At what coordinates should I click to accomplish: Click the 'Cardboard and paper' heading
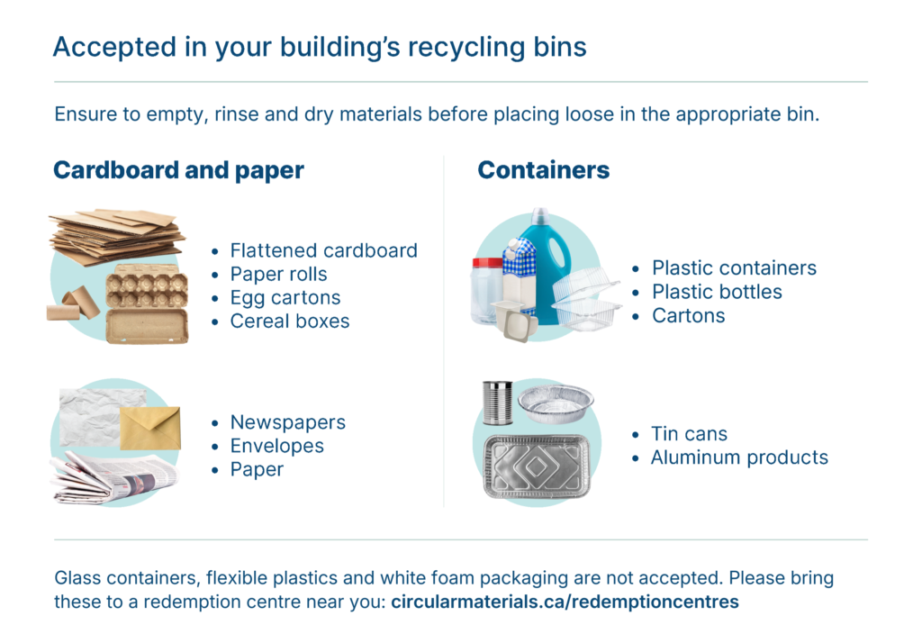click(179, 170)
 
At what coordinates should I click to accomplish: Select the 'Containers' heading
click(543, 170)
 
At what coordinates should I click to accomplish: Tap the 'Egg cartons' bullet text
click(285, 298)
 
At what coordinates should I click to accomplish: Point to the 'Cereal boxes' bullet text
click(290, 321)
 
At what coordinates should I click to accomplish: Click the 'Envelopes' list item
click(277, 446)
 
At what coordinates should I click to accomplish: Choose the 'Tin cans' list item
click(689, 434)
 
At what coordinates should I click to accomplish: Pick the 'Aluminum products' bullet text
click(739, 457)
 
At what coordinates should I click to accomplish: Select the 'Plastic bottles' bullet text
click(717, 292)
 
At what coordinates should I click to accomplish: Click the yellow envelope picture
click(150, 428)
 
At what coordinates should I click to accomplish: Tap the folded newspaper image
click(114, 477)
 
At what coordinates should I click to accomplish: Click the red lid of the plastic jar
click(487, 264)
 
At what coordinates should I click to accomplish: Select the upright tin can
click(497, 403)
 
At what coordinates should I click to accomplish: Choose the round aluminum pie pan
click(556, 403)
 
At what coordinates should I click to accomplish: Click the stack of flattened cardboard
click(117, 237)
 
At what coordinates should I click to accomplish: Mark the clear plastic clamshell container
click(587, 298)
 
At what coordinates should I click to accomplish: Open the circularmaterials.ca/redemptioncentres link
click(565, 602)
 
